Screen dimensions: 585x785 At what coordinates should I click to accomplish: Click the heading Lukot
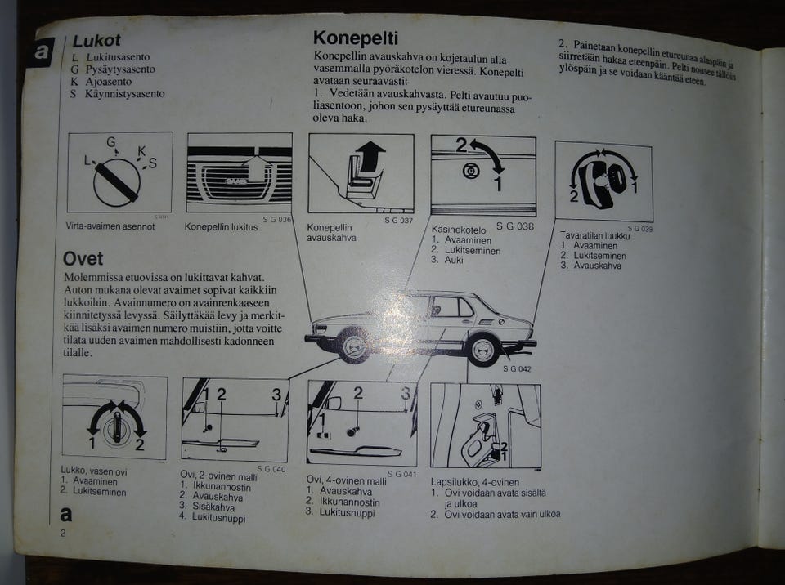[x=96, y=40]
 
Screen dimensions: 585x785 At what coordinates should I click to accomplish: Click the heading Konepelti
[x=355, y=38]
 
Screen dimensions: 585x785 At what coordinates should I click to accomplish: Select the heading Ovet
[x=83, y=259]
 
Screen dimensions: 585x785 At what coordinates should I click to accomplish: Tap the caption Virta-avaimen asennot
[x=110, y=226]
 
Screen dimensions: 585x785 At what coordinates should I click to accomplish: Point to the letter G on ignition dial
[x=110, y=142]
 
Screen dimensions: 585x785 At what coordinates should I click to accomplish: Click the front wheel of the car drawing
[x=353, y=344]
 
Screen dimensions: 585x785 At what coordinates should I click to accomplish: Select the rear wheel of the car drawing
[x=482, y=350]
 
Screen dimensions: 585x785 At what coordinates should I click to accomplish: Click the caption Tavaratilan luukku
[x=594, y=236]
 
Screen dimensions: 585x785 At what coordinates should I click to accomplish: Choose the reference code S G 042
[x=517, y=368]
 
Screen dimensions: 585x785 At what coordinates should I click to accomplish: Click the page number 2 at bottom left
[x=62, y=533]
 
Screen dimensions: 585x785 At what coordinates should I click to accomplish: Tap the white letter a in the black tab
[x=39, y=52]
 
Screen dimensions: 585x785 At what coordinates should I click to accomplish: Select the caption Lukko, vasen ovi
[x=94, y=471]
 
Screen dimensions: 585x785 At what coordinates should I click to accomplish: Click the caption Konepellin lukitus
[x=221, y=226]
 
